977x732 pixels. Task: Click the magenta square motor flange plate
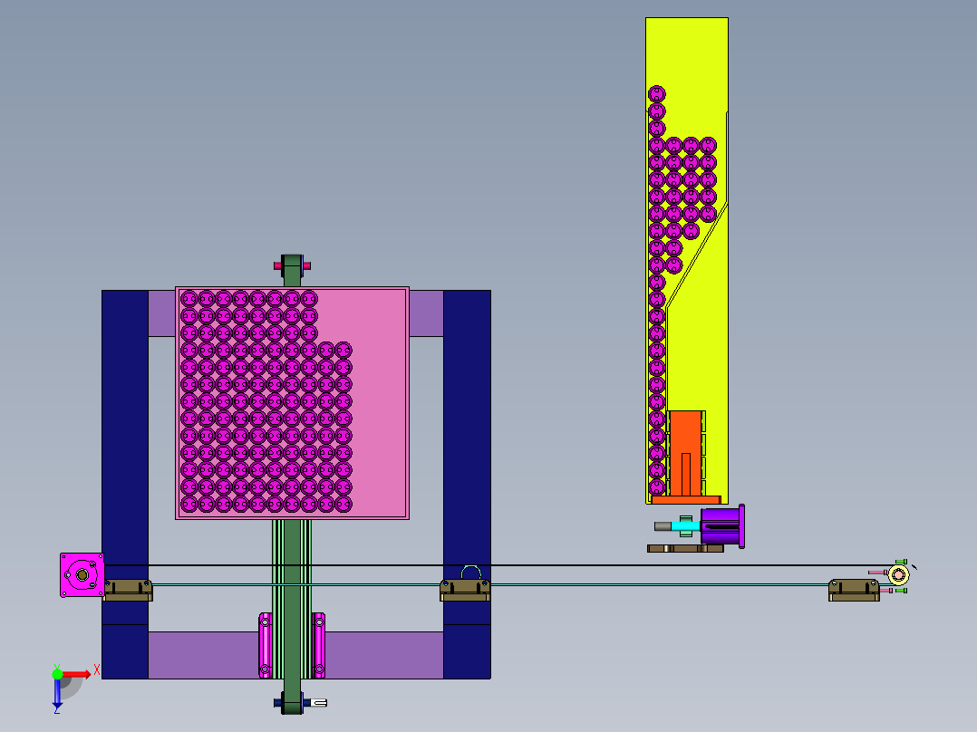click(x=82, y=575)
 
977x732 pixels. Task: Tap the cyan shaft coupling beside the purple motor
click(x=685, y=525)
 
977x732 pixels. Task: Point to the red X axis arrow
click(x=77, y=674)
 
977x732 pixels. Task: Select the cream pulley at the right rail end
click(x=898, y=574)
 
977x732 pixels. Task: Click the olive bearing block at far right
click(x=854, y=590)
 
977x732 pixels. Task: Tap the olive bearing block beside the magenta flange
click(x=128, y=590)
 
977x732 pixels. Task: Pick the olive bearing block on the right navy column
click(x=465, y=590)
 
